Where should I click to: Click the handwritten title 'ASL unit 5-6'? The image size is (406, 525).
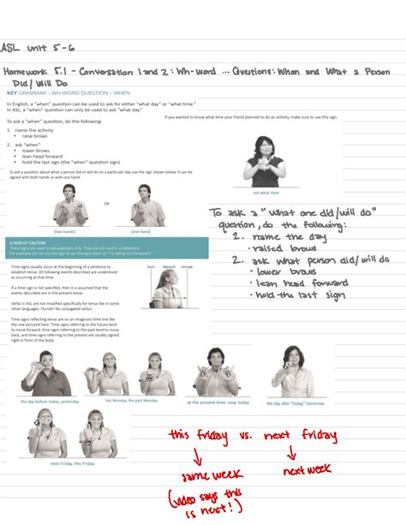[x=33, y=49]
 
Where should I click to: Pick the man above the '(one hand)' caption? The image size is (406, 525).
[x=141, y=206]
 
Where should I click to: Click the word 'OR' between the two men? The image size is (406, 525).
[x=106, y=205]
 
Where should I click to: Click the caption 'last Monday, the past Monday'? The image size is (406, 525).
[x=131, y=400]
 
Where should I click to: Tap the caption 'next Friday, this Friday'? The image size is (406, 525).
[x=72, y=463]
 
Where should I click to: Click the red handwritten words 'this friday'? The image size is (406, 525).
[x=198, y=437]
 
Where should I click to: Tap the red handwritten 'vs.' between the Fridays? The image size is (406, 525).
[x=245, y=437]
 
